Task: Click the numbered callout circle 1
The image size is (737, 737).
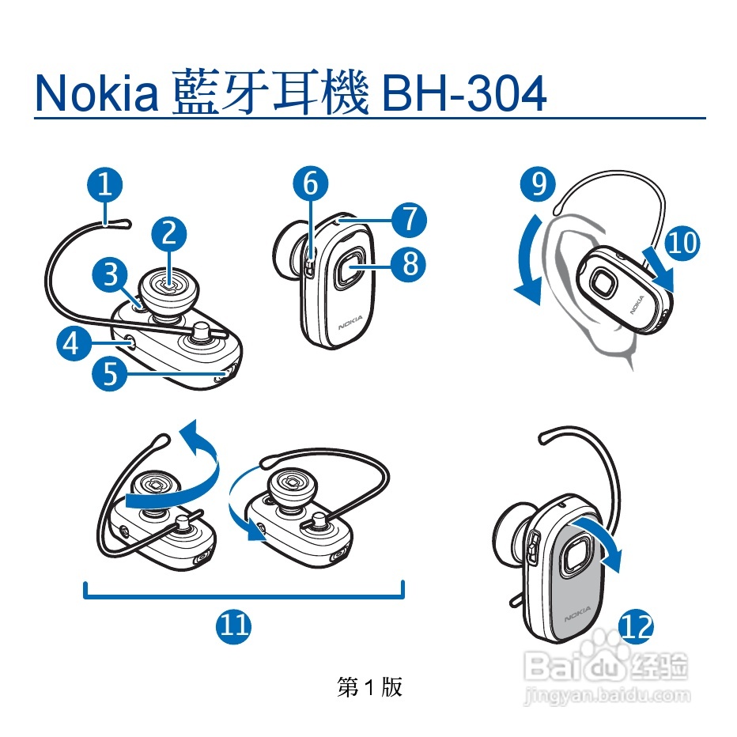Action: [x=105, y=184]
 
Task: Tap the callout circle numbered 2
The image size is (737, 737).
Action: [x=168, y=233]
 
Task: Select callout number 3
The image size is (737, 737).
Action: [x=110, y=274]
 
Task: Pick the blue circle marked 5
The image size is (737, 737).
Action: [x=109, y=374]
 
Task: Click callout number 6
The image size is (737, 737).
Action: [x=311, y=183]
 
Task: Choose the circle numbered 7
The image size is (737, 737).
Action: [x=409, y=220]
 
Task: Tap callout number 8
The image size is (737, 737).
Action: [x=409, y=263]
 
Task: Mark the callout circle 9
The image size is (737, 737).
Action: [x=538, y=183]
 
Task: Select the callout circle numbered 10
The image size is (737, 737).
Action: [x=682, y=243]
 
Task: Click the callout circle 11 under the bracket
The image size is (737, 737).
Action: [x=233, y=626]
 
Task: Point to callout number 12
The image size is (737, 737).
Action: [x=637, y=626]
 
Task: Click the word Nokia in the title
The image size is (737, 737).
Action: [x=96, y=93]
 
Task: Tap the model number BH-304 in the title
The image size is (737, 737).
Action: [x=464, y=93]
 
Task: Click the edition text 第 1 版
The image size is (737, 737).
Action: [x=369, y=687]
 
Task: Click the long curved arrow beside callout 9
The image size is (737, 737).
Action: [x=523, y=261]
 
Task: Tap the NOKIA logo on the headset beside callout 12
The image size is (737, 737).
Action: [x=577, y=614]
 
